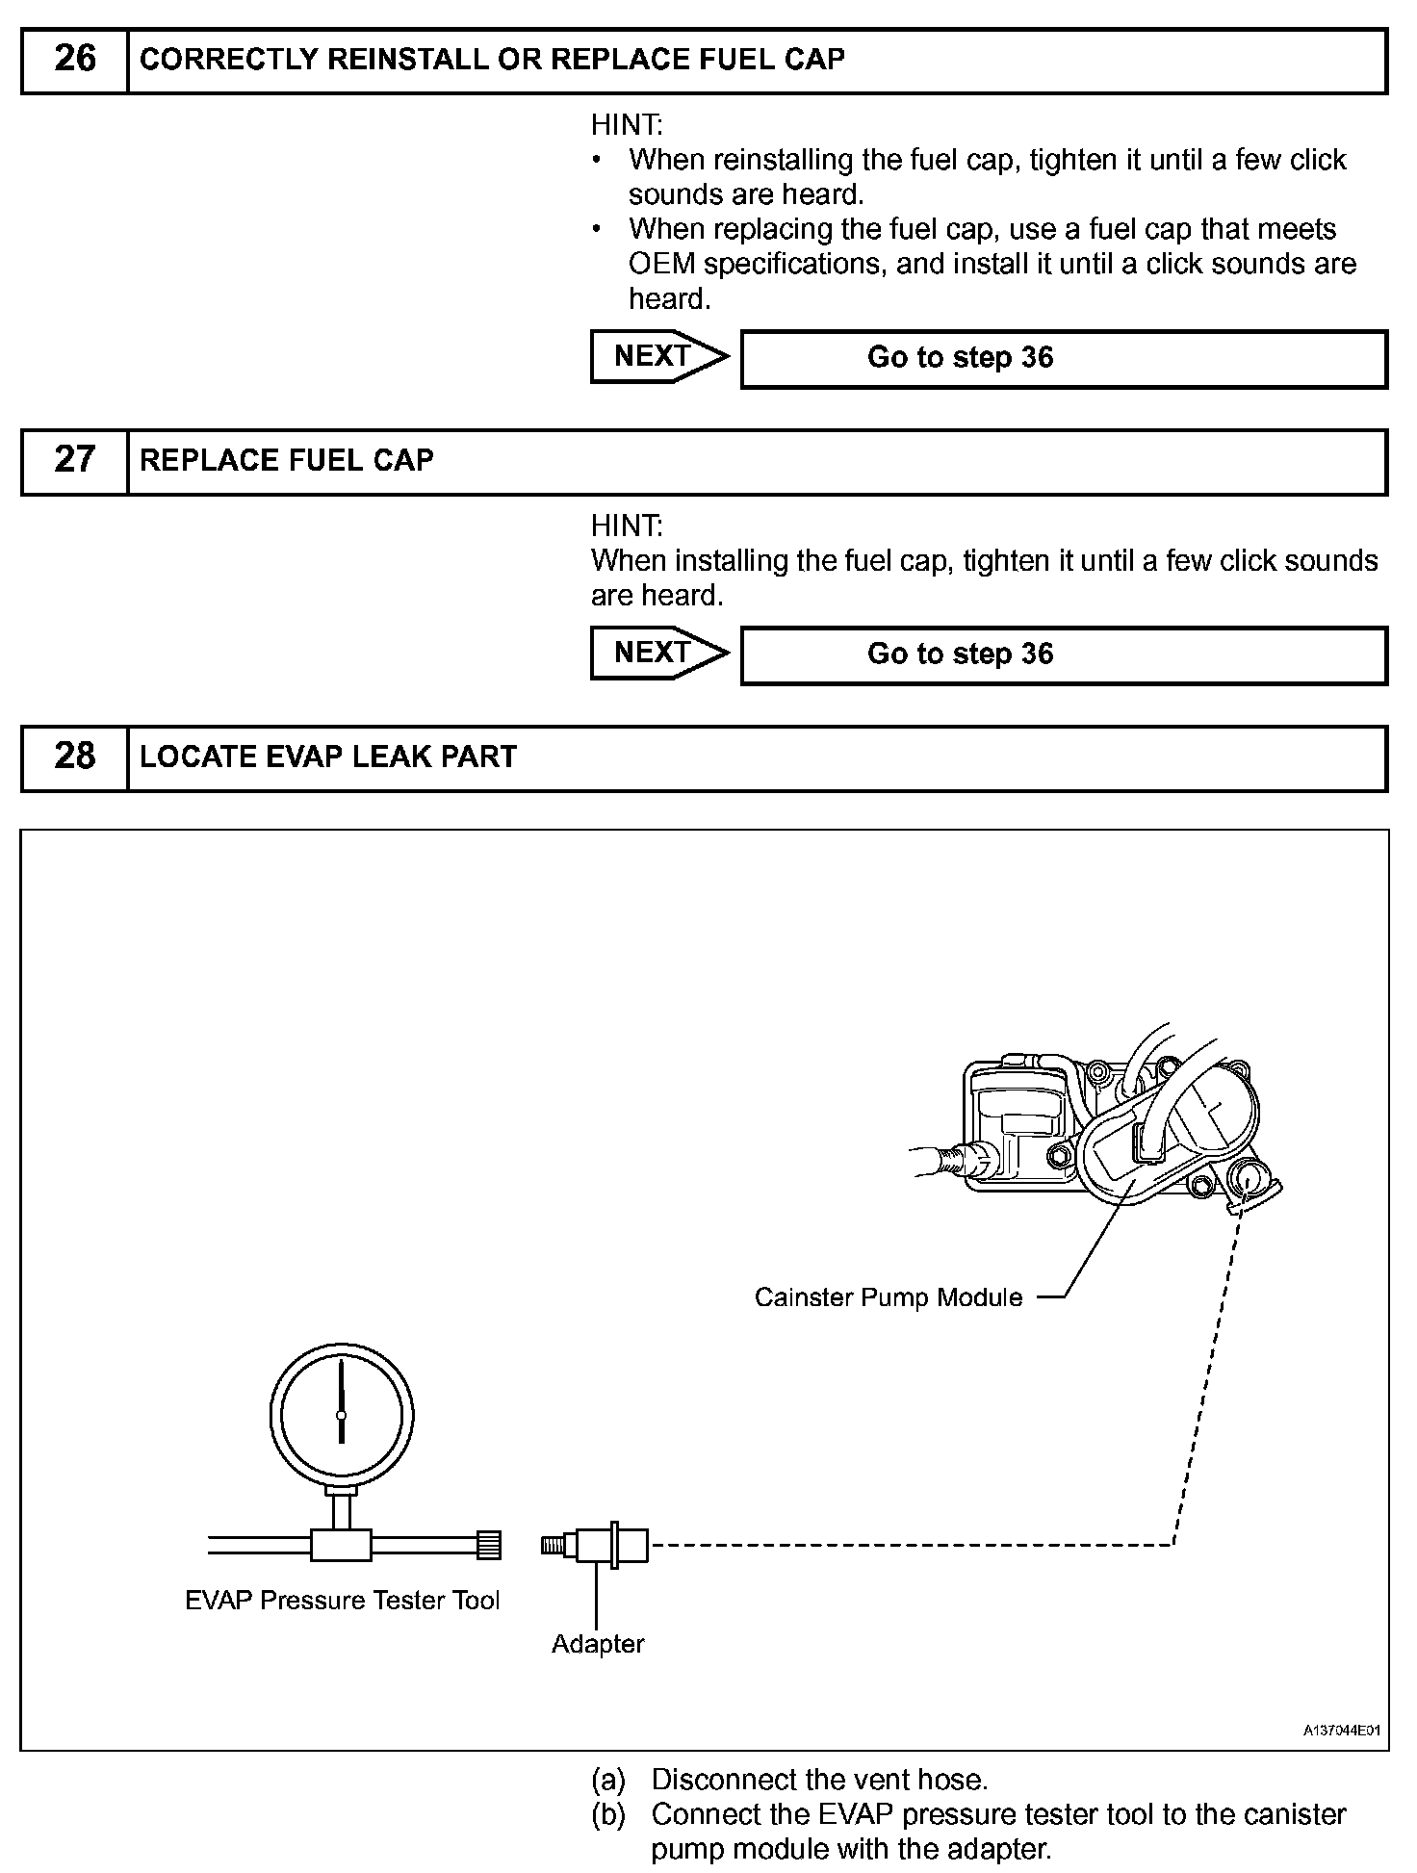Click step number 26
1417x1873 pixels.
pyautogui.click(x=75, y=60)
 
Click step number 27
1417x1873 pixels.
pyautogui.click(x=75, y=460)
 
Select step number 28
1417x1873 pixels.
pyautogui.click(x=75, y=757)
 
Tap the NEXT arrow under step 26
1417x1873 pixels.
pyautogui.click(x=658, y=357)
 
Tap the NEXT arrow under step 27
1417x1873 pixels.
pyautogui.click(x=658, y=654)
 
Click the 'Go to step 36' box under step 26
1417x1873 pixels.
pyautogui.click(x=1063, y=359)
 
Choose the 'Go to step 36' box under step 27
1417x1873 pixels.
pyautogui.click(x=1063, y=655)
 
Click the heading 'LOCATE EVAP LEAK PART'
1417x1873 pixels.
pyautogui.click(x=328, y=757)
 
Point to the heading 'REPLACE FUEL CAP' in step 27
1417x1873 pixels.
pyautogui.click(x=287, y=461)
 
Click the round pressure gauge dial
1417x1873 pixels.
pyautogui.click(x=342, y=1415)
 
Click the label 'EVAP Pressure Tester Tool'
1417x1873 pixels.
pyautogui.click(x=342, y=1601)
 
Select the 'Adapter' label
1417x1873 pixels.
pyautogui.click(x=598, y=1644)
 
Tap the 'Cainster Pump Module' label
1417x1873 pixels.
pyautogui.click(x=888, y=1297)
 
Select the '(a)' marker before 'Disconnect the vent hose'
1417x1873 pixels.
pyautogui.click(x=608, y=1780)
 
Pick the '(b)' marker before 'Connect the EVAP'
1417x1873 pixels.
pyautogui.click(x=608, y=1814)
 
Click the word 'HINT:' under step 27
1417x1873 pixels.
pyautogui.click(x=627, y=526)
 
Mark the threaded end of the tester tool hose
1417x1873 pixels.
pyautogui.click(x=489, y=1546)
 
